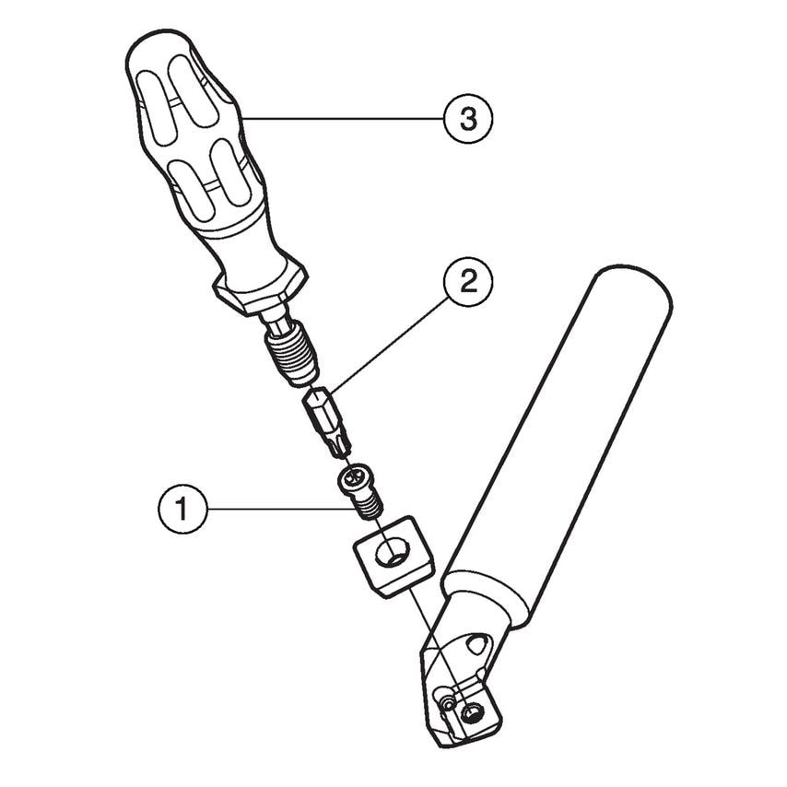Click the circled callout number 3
(468, 119)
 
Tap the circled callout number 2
(468, 282)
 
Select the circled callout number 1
(182, 509)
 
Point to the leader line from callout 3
(343, 119)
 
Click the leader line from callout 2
(386, 345)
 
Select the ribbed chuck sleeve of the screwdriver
(291, 353)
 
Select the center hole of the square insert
(393, 554)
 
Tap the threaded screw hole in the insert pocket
(471, 711)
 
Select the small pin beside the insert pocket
(446, 703)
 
